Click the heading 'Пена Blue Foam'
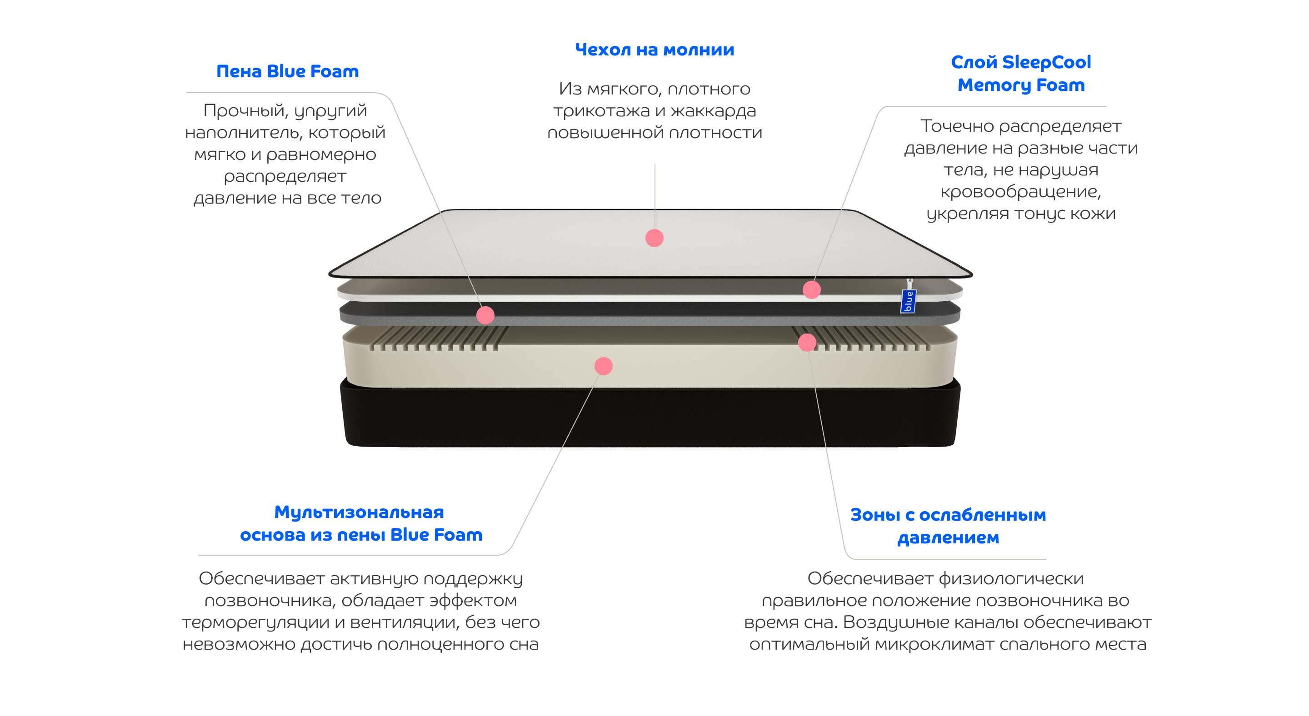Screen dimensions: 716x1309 [x=287, y=72]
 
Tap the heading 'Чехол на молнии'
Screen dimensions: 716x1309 [x=654, y=50]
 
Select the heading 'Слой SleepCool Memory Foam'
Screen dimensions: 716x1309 [x=1020, y=74]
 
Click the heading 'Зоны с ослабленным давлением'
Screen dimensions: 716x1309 [x=948, y=526]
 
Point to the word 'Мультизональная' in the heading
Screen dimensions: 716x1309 [x=359, y=512]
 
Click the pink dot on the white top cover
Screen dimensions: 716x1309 [x=654, y=238]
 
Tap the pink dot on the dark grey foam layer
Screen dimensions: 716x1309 [x=485, y=315]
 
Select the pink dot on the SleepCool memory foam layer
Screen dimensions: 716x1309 [x=811, y=289]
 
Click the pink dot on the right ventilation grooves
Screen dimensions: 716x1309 [x=807, y=343]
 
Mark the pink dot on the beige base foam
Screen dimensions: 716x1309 [x=603, y=366]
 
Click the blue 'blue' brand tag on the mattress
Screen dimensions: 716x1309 [x=907, y=301]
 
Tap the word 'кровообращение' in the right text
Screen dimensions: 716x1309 [x=1020, y=192]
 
